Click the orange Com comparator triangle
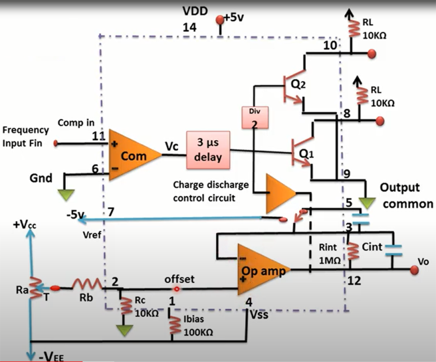pyautogui.click(x=130, y=155)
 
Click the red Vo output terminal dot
pyautogui.click(x=414, y=270)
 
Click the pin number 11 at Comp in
pyautogui.click(x=98, y=136)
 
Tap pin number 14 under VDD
pyautogui.click(x=189, y=26)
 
